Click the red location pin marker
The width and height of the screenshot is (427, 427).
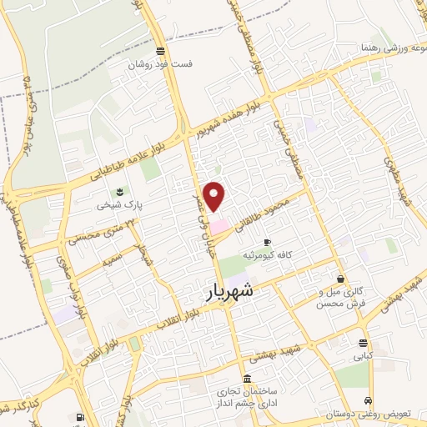215,195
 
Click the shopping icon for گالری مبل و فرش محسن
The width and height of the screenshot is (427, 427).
339,279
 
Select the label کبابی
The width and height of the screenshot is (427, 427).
363,356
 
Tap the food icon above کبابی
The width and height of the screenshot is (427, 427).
363,343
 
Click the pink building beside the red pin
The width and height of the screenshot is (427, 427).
219,226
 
